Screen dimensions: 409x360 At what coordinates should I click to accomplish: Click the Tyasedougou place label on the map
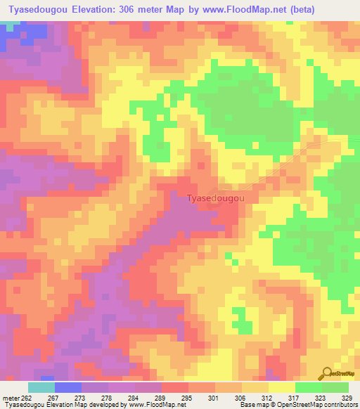[x=216, y=199]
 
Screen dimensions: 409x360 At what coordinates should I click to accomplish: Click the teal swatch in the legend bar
[x=41, y=387]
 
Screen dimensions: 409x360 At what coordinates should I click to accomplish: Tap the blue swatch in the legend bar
[x=68, y=387]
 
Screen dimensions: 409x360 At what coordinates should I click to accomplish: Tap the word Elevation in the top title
[x=90, y=9]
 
